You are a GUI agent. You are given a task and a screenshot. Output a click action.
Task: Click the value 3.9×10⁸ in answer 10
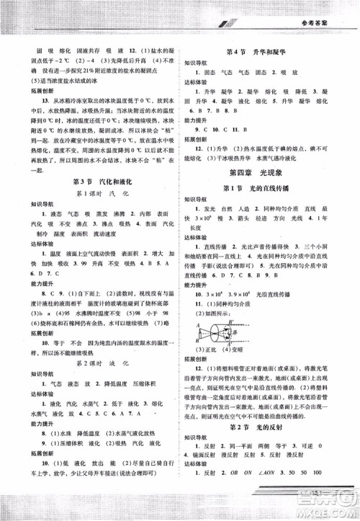coord(248,295)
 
